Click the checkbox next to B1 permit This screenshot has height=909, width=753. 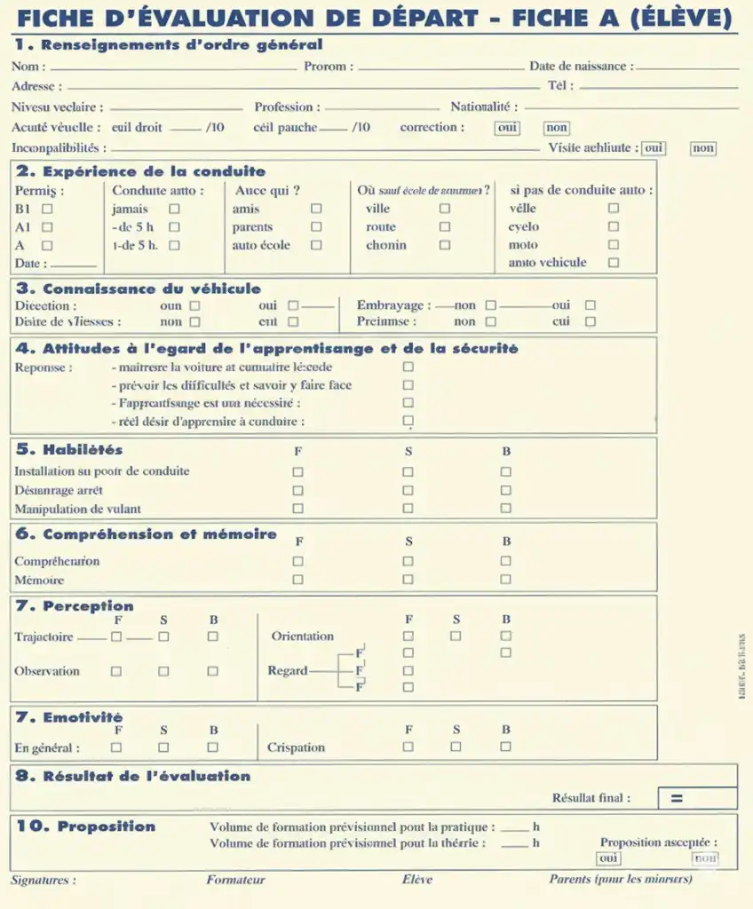(47, 209)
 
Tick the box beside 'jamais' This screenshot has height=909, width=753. (174, 209)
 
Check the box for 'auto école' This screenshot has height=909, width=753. (316, 246)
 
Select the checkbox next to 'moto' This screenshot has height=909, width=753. (613, 245)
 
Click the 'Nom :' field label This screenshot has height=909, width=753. (29, 67)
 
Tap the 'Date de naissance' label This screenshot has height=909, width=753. (581, 67)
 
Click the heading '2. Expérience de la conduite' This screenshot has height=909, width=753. (140, 171)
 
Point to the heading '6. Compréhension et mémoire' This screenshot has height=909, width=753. (147, 534)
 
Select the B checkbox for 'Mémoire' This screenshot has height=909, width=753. (505, 580)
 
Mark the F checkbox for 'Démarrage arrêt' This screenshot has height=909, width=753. (297, 490)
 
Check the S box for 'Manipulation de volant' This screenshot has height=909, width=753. (408, 509)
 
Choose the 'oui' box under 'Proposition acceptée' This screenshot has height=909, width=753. (608, 858)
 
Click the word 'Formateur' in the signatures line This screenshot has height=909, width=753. (235, 880)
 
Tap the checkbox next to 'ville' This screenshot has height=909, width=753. (445, 209)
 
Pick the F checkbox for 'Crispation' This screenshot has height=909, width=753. (408, 747)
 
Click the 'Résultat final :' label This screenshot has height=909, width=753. (591, 798)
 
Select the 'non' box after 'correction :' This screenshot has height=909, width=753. (557, 128)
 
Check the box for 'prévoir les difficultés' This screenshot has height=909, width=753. (408, 385)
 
